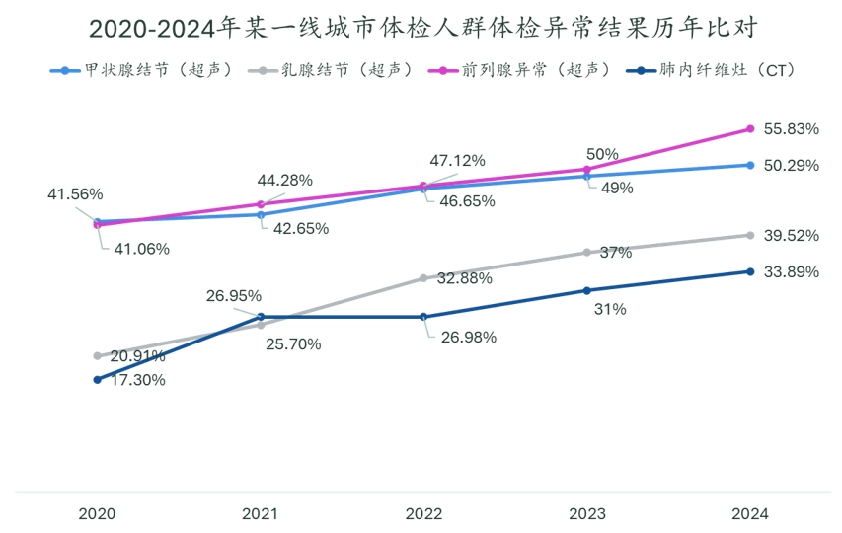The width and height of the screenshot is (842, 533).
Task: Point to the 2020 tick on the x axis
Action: click(x=97, y=513)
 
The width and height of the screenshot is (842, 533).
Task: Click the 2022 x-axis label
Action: click(x=423, y=513)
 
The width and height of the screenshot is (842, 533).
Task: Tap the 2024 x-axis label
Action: click(x=750, y=513)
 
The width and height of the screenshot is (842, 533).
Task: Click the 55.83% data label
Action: click(x=792, y=129)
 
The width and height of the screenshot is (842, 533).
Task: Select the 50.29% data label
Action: click(x=792, y=165)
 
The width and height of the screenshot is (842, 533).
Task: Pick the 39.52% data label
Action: click(x=792, y=236)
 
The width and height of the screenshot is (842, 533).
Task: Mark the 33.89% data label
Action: click(x=792, y=271)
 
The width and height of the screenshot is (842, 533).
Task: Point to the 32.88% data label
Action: click(x=465, y=279)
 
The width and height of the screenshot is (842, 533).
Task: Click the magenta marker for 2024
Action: click(x=750, y=129)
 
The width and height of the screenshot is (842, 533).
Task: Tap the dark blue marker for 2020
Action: click(x=97, y=379)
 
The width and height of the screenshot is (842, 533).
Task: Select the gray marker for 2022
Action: click(x=423, y=278)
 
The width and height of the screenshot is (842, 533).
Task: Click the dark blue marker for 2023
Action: click(x=586, y=290)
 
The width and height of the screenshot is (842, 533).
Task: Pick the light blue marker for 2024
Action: click(x=750, y=165)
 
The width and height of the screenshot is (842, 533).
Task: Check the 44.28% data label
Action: click(x=285, y=180)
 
